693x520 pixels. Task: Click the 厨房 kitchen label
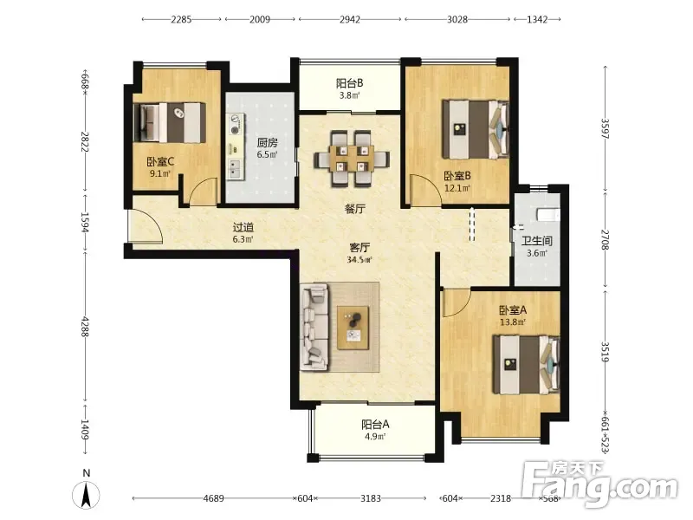pos(268,142)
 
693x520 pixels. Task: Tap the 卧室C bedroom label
pos(160,162)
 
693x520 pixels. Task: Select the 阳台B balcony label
pos(350,82)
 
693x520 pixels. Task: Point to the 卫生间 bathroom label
pos(537,241)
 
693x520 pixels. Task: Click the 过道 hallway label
pos(243,227)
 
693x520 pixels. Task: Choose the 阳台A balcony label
pos(375,425)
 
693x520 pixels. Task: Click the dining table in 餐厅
pos(352,159)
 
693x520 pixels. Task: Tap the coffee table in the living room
pos(353,328)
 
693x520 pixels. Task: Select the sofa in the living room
pos(314,328)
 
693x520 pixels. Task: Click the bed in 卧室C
pos(170,122)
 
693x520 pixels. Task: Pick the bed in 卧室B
pos(476,129)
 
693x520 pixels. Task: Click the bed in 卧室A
pos(527,365)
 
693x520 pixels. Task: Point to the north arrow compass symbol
pos(86,494)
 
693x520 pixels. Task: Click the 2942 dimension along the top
pos(350,19)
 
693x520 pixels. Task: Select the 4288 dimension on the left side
pos(85,327)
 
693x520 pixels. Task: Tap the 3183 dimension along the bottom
pos(371,498)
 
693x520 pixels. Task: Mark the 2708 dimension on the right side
pos(605,240)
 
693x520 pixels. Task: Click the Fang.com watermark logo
pos(599,484)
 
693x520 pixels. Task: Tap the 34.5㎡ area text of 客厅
pos(359,259)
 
